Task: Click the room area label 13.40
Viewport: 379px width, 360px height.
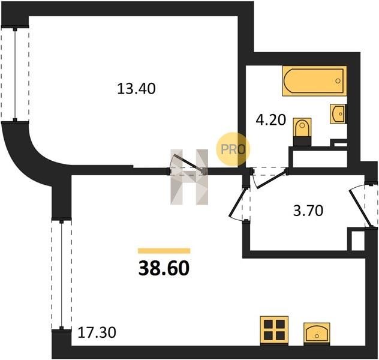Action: (136, 89)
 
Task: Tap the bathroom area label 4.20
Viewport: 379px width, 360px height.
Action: (270, 119)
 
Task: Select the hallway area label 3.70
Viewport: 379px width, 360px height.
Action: (308, 211)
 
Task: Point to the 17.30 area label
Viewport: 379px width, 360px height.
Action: (97, 332)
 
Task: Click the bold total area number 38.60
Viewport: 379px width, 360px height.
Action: (164, 268)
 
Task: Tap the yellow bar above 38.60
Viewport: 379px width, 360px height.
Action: (164, 251)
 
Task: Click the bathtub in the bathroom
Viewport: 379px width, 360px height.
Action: (314, 81)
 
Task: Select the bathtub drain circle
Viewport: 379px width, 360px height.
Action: (338, 81)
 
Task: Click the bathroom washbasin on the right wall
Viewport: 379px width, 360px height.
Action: (338, 114)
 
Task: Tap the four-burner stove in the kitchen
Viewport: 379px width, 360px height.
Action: (274, 330)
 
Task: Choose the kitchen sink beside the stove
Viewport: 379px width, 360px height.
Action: (317, 333)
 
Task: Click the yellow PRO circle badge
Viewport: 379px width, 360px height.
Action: (233, 149)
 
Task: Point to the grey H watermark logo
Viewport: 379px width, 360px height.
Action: (189, 177)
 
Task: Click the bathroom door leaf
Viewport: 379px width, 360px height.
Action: (270, 179)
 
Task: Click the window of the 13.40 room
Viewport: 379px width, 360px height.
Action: (15, 74)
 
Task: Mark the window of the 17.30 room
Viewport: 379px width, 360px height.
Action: (62, 275)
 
